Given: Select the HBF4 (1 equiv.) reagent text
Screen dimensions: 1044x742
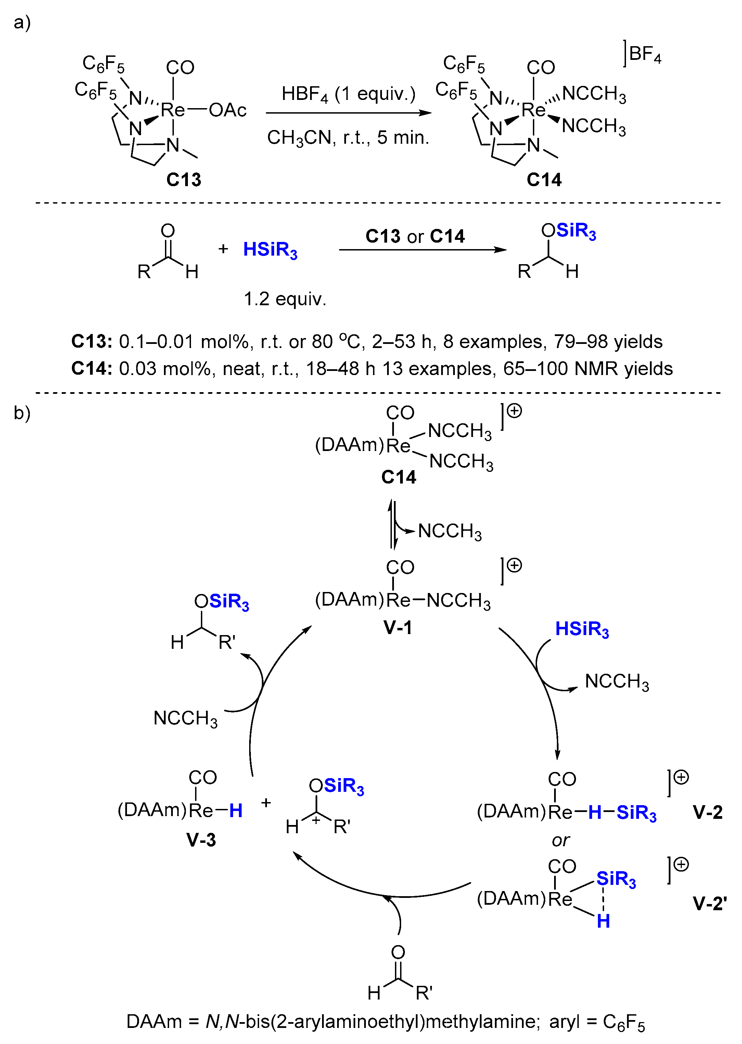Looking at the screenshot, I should pos(348,94).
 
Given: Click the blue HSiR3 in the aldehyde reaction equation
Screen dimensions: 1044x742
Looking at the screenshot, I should pos(270,250).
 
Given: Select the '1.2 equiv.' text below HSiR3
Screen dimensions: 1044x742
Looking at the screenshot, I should pos(285,299).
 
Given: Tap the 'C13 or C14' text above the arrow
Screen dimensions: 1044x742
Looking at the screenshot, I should pos(414,236).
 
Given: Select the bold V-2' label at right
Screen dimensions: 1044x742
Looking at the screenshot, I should pos(709,903).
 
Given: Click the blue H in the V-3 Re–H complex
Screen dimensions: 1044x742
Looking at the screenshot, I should pos(236,811).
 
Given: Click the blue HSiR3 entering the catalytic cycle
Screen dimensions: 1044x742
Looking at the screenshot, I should pos(581,629).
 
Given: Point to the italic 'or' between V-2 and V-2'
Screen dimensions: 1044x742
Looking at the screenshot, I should pos(561,840).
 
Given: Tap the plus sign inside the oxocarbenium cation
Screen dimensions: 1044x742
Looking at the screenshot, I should pos(316,820).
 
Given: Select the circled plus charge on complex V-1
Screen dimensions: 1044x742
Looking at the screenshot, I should pos(514,565).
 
